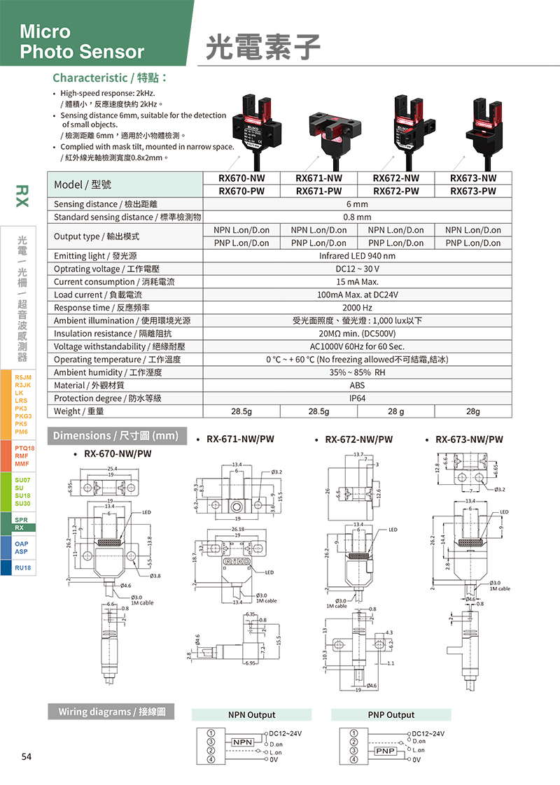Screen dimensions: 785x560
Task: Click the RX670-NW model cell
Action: click(241, 178)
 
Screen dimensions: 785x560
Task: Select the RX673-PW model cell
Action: click(473, 191)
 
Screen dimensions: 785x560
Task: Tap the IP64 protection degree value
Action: click(357, 398)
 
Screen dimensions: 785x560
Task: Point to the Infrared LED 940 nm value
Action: click(357, 256)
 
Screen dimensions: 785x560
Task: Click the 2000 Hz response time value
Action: click(357, 308)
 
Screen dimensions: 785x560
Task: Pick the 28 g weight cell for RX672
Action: click(395, 411)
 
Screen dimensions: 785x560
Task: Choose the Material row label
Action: click(90, 386)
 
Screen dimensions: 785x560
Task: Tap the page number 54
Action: click(27, 757)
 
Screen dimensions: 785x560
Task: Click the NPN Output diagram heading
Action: click(252, 715)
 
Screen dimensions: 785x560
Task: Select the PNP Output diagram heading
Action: click(391, 715)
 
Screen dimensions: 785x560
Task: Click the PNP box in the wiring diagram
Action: click(385, 751)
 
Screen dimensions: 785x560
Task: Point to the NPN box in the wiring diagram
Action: click(242, 742)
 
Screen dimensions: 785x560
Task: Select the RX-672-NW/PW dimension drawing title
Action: click(358, 439)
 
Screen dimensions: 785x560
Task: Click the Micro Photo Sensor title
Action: click(82, 41)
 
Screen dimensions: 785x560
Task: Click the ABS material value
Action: click(357, 386)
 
